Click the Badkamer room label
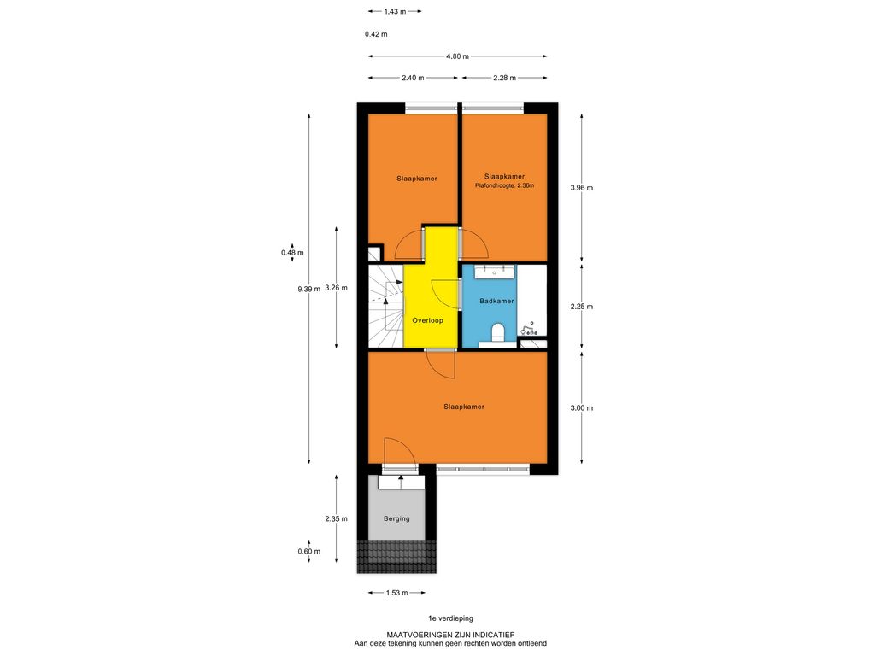click(x=496, y=302)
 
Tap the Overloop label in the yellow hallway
click(x=427, y=321)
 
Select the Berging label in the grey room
click(x=396, y=518)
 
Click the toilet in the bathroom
click(x=497, y=332)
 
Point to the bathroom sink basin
click(x=495, y=272)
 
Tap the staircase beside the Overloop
click(x=385, y=305)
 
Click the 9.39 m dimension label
click(x=309, y=289)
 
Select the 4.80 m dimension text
click(x=458, y=56)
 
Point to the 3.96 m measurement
click(x=581, y=188)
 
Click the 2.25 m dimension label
click(x=581, y=307)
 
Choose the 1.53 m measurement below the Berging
click(x=396, y=593)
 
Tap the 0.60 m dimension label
click(x=309, y=552)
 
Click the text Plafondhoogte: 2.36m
click(x=504, y=185)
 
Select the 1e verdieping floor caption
click(x=450, y=618)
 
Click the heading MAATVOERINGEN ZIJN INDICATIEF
click(x=450, y=635)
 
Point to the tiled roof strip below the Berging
click(x=396, y=557)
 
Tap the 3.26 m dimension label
click(x=336, y=289)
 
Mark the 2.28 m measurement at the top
click(x=504, y=78)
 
